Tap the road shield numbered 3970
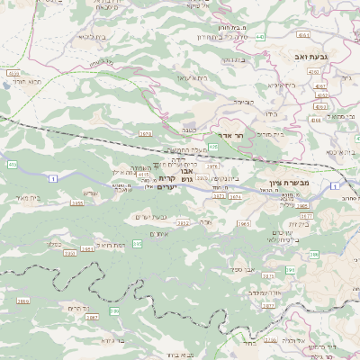(145, 133)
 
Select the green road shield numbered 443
(260, 37)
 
